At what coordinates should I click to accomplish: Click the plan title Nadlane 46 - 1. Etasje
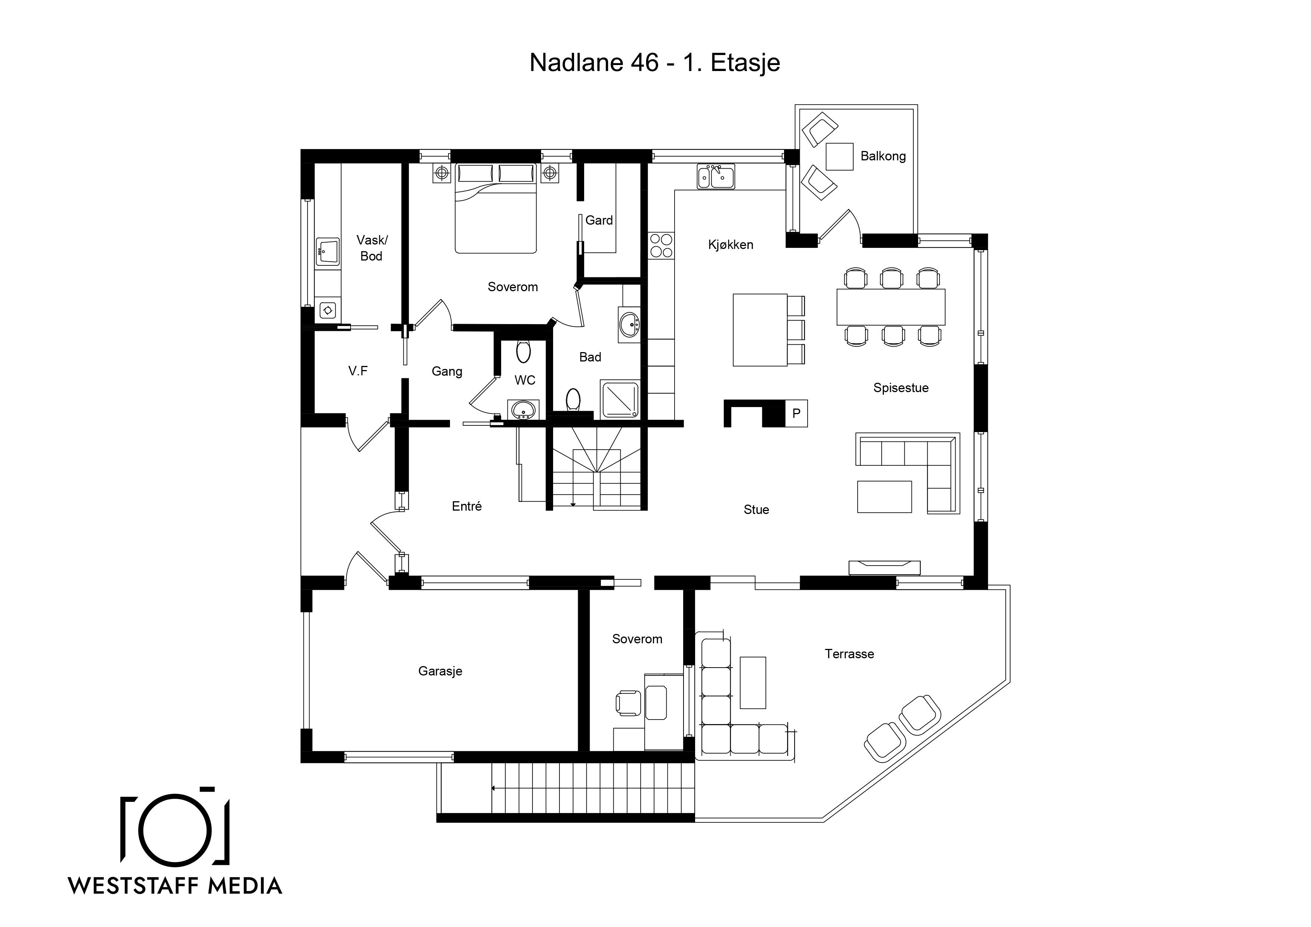pyautogui.click(x=654, y=63)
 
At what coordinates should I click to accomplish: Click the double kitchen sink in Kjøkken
pyautogui.click(x=715, y=176)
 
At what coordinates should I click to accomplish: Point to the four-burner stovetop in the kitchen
pyautogui.click(x=661, y=246)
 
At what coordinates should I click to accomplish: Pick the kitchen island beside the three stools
pyautogui.click(x=760, y=330)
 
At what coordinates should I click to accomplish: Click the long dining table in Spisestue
pyautogui.click(x=891, y=307)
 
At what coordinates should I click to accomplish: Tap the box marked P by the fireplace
pyautogui.click(x=796, y=413)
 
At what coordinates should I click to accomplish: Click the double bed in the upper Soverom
pyautogui.click(x=496, y=208)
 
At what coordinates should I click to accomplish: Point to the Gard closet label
pyautogui.click(x=599, y=221)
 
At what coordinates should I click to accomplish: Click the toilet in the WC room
pyautogui.click(x=523, y=351)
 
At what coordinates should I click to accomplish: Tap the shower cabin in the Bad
pyautogui.click(x=620, y=399)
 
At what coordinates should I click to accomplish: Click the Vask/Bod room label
pyautogui.click(x=372, y=248)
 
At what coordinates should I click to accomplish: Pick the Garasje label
pyautogui.click(x=440, y=671)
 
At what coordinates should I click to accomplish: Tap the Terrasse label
pyautogui.click(x=849, y=654)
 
